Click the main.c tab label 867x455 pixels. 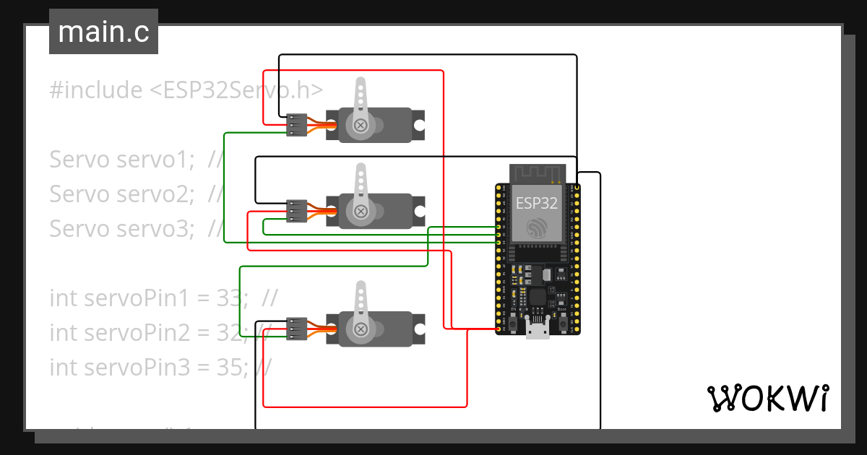pos(103,32)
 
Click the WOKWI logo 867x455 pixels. pos(767,399)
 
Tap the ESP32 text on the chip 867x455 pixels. pos(536,204)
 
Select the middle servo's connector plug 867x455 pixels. pos(296,210)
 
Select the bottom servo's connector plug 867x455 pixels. pos(296,329)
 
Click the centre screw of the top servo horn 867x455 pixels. pos(360,126)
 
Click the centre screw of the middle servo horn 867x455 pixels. pos(360,211)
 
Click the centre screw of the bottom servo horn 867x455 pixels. pos(360,329)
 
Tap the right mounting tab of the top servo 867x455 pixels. pos(418,125)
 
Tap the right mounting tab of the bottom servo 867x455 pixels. pos(418,329)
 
